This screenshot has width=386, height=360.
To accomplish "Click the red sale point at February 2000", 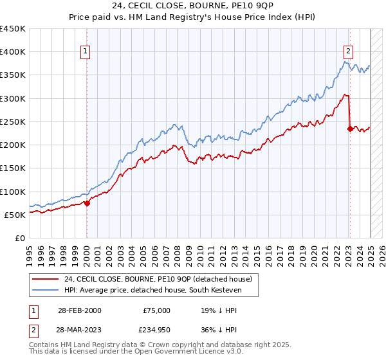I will coord(87,203).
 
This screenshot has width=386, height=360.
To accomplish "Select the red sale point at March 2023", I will coord(350,129).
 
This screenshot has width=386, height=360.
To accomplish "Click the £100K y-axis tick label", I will coord(13,192).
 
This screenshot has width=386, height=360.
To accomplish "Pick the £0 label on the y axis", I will coord(21,238).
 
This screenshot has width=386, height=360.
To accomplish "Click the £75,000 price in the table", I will coord(156,310).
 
